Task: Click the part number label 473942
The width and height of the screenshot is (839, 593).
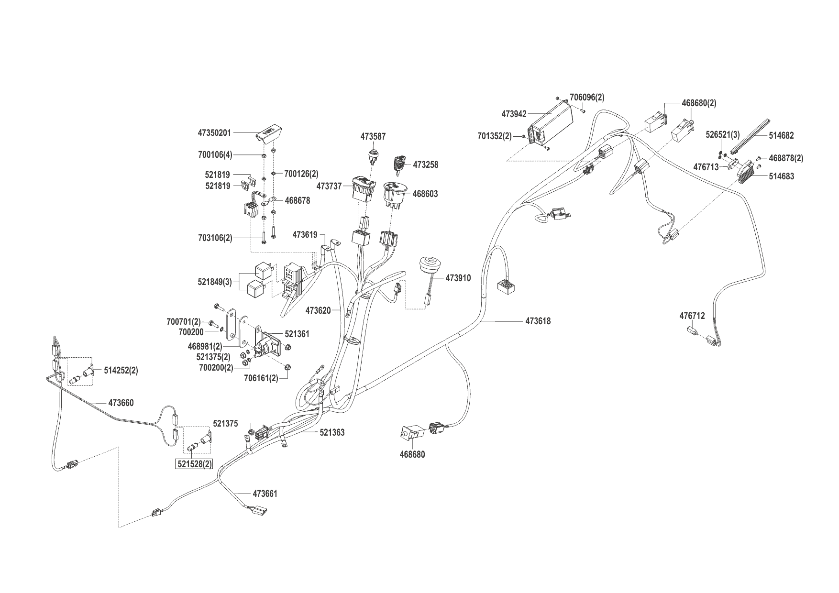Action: [514, 114]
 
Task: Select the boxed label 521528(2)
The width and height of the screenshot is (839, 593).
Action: [193, 464]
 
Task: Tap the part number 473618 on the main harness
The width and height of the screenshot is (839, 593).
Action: [538, 321]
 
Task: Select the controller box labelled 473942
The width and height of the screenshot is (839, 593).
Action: [550, 127]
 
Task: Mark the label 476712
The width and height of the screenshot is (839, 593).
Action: [692, 316]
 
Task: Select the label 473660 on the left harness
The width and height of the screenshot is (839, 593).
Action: [121, 403]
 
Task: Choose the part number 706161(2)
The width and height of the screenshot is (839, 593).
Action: [260, 378]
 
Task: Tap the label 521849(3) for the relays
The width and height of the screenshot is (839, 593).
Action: [214, 282]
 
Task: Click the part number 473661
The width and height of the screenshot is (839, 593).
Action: [265, 494]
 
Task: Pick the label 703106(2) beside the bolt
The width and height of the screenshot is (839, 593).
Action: [215, 238]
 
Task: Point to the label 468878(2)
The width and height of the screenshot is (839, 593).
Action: [786, 158]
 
